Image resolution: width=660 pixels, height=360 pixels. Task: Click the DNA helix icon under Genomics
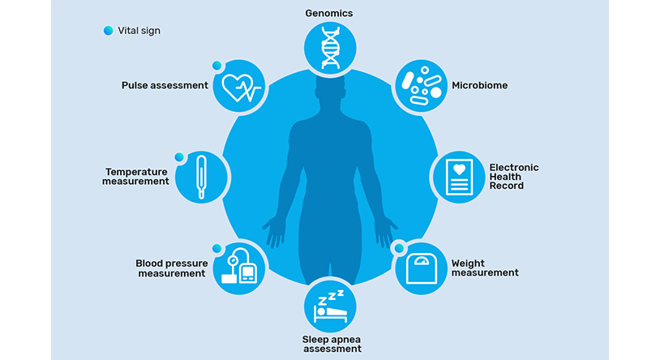(331, 48)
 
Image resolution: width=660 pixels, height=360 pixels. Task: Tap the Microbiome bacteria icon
(421, 85)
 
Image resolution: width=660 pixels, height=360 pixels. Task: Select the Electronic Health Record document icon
(459, 177)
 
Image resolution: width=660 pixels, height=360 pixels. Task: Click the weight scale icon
(422, 268)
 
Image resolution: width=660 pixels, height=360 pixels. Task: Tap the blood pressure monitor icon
(238, 266)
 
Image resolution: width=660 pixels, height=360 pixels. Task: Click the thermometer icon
(201, 177)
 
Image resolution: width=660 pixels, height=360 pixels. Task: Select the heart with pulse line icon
(241, 88)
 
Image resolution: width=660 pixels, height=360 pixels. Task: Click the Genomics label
(329, 14)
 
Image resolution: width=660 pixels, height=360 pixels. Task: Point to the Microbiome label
(479, 85)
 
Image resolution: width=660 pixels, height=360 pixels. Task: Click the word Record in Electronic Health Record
(507, 186)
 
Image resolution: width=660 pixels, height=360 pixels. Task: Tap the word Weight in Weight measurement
(468, 264)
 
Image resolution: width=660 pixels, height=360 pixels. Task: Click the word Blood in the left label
(148, 264)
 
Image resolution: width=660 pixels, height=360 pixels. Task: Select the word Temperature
(136, 172)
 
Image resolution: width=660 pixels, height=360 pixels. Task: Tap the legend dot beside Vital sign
(108, 31)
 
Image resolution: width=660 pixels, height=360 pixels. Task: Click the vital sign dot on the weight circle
(399, 248)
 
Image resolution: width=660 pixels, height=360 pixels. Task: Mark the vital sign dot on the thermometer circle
(179, 157)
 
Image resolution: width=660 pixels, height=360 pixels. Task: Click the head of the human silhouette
(331, 88)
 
